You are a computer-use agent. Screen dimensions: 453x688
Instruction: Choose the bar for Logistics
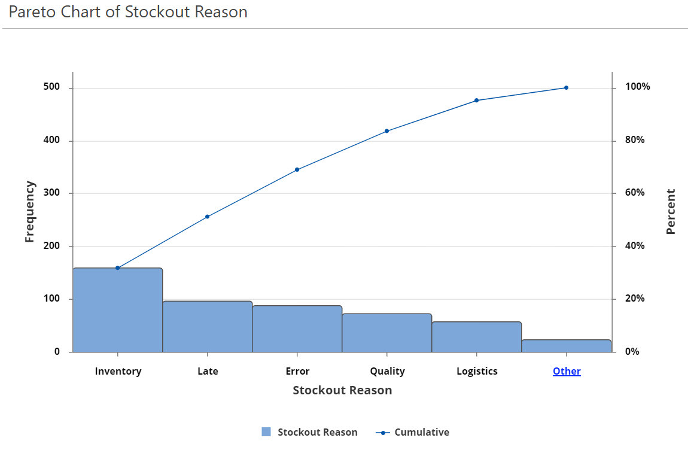point(476,337)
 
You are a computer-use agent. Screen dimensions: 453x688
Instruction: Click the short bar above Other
point(566,346)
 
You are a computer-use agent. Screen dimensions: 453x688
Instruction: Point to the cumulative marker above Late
point(207,217)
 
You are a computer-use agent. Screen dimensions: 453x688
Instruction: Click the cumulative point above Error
point(297,170)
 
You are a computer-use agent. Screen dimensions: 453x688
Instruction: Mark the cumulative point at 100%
point(566,88)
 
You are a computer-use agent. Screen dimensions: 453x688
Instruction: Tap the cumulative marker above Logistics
point(476,101)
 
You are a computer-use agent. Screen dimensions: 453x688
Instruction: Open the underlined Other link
point(567,371)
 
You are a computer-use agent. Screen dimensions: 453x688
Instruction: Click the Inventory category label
point(118,371)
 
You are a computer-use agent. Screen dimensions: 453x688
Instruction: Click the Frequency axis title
point(30,212)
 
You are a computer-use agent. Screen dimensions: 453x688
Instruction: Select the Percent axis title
point(671,212)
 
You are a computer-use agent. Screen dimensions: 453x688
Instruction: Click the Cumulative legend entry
point(421,432)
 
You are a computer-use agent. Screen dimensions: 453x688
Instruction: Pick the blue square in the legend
point(266,432)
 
